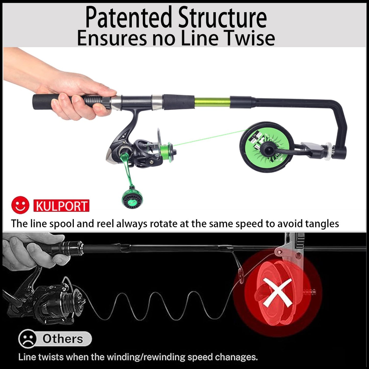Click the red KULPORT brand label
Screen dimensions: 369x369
[x=61, y=206]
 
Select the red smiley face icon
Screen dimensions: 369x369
[x=20, y=205]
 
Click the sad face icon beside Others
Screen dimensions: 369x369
[x=27, y=339]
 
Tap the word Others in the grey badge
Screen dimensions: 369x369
[x=63, y=339]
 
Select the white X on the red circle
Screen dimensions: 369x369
[x=278, y=292]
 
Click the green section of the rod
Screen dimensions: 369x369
[x=212, y=102]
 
